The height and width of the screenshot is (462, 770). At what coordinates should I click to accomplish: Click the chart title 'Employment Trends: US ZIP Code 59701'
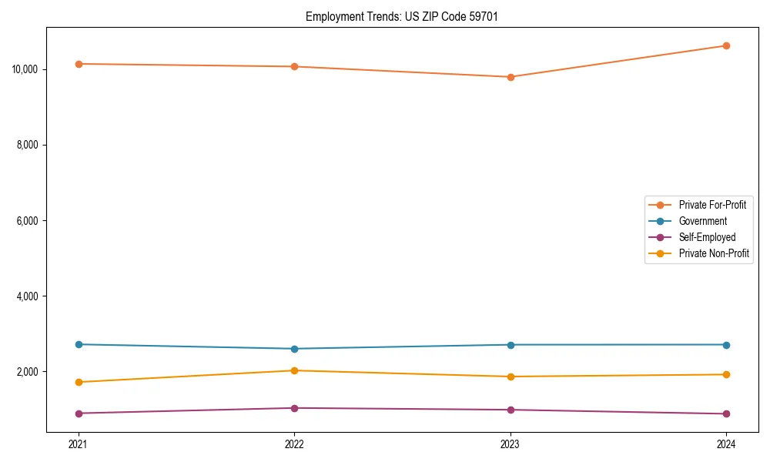pyautogui.click(x=401, y=16)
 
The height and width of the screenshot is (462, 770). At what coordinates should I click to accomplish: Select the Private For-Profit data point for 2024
pyautogui.click(x=726, y=45)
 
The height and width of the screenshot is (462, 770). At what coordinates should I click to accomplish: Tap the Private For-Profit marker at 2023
pyautogui.click(x=511, y=77)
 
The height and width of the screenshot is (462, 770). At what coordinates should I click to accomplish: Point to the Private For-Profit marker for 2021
pyautogui.click(x=79, y=64)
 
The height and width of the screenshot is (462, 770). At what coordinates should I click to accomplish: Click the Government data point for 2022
pyautogui.click(x=294, y=349)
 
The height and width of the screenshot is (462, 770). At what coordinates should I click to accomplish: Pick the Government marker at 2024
pyautogui.click(x=726, y=345)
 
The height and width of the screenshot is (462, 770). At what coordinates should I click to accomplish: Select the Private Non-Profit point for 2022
pyautogui.click(x=294, y=370)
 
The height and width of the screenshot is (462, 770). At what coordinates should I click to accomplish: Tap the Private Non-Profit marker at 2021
pyautogui.click(x=79, y=382)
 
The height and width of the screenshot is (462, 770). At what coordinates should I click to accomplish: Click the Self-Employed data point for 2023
pyautogui.click(x=511, y=410)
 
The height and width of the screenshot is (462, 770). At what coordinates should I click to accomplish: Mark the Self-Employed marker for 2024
pyautogui.click(x=726, y=413)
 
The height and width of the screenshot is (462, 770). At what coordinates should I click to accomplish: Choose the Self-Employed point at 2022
pyautogui.click(x=294, y=408)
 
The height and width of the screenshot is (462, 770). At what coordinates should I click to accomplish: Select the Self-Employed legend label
pyautogui.click(x=707, y=237)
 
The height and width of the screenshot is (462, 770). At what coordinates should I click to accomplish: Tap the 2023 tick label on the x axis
pyautogui.click(x=511, y=444)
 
